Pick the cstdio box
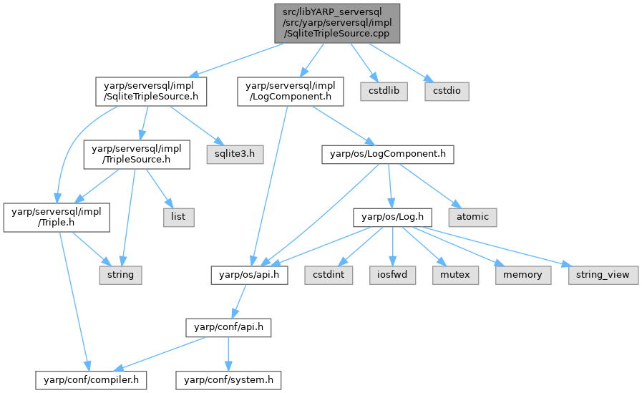tap(447, 92)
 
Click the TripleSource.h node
tap(136, 153)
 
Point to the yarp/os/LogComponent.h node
tap(388, 152)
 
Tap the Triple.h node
tap(57, 215)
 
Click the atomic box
tap(472, 214)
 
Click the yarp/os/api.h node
tap(249, 274)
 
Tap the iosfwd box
tap(393, 274)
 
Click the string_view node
tap(603, 274)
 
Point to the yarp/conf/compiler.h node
tap(92, 379)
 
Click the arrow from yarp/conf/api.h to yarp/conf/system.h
tap(227, 353)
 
